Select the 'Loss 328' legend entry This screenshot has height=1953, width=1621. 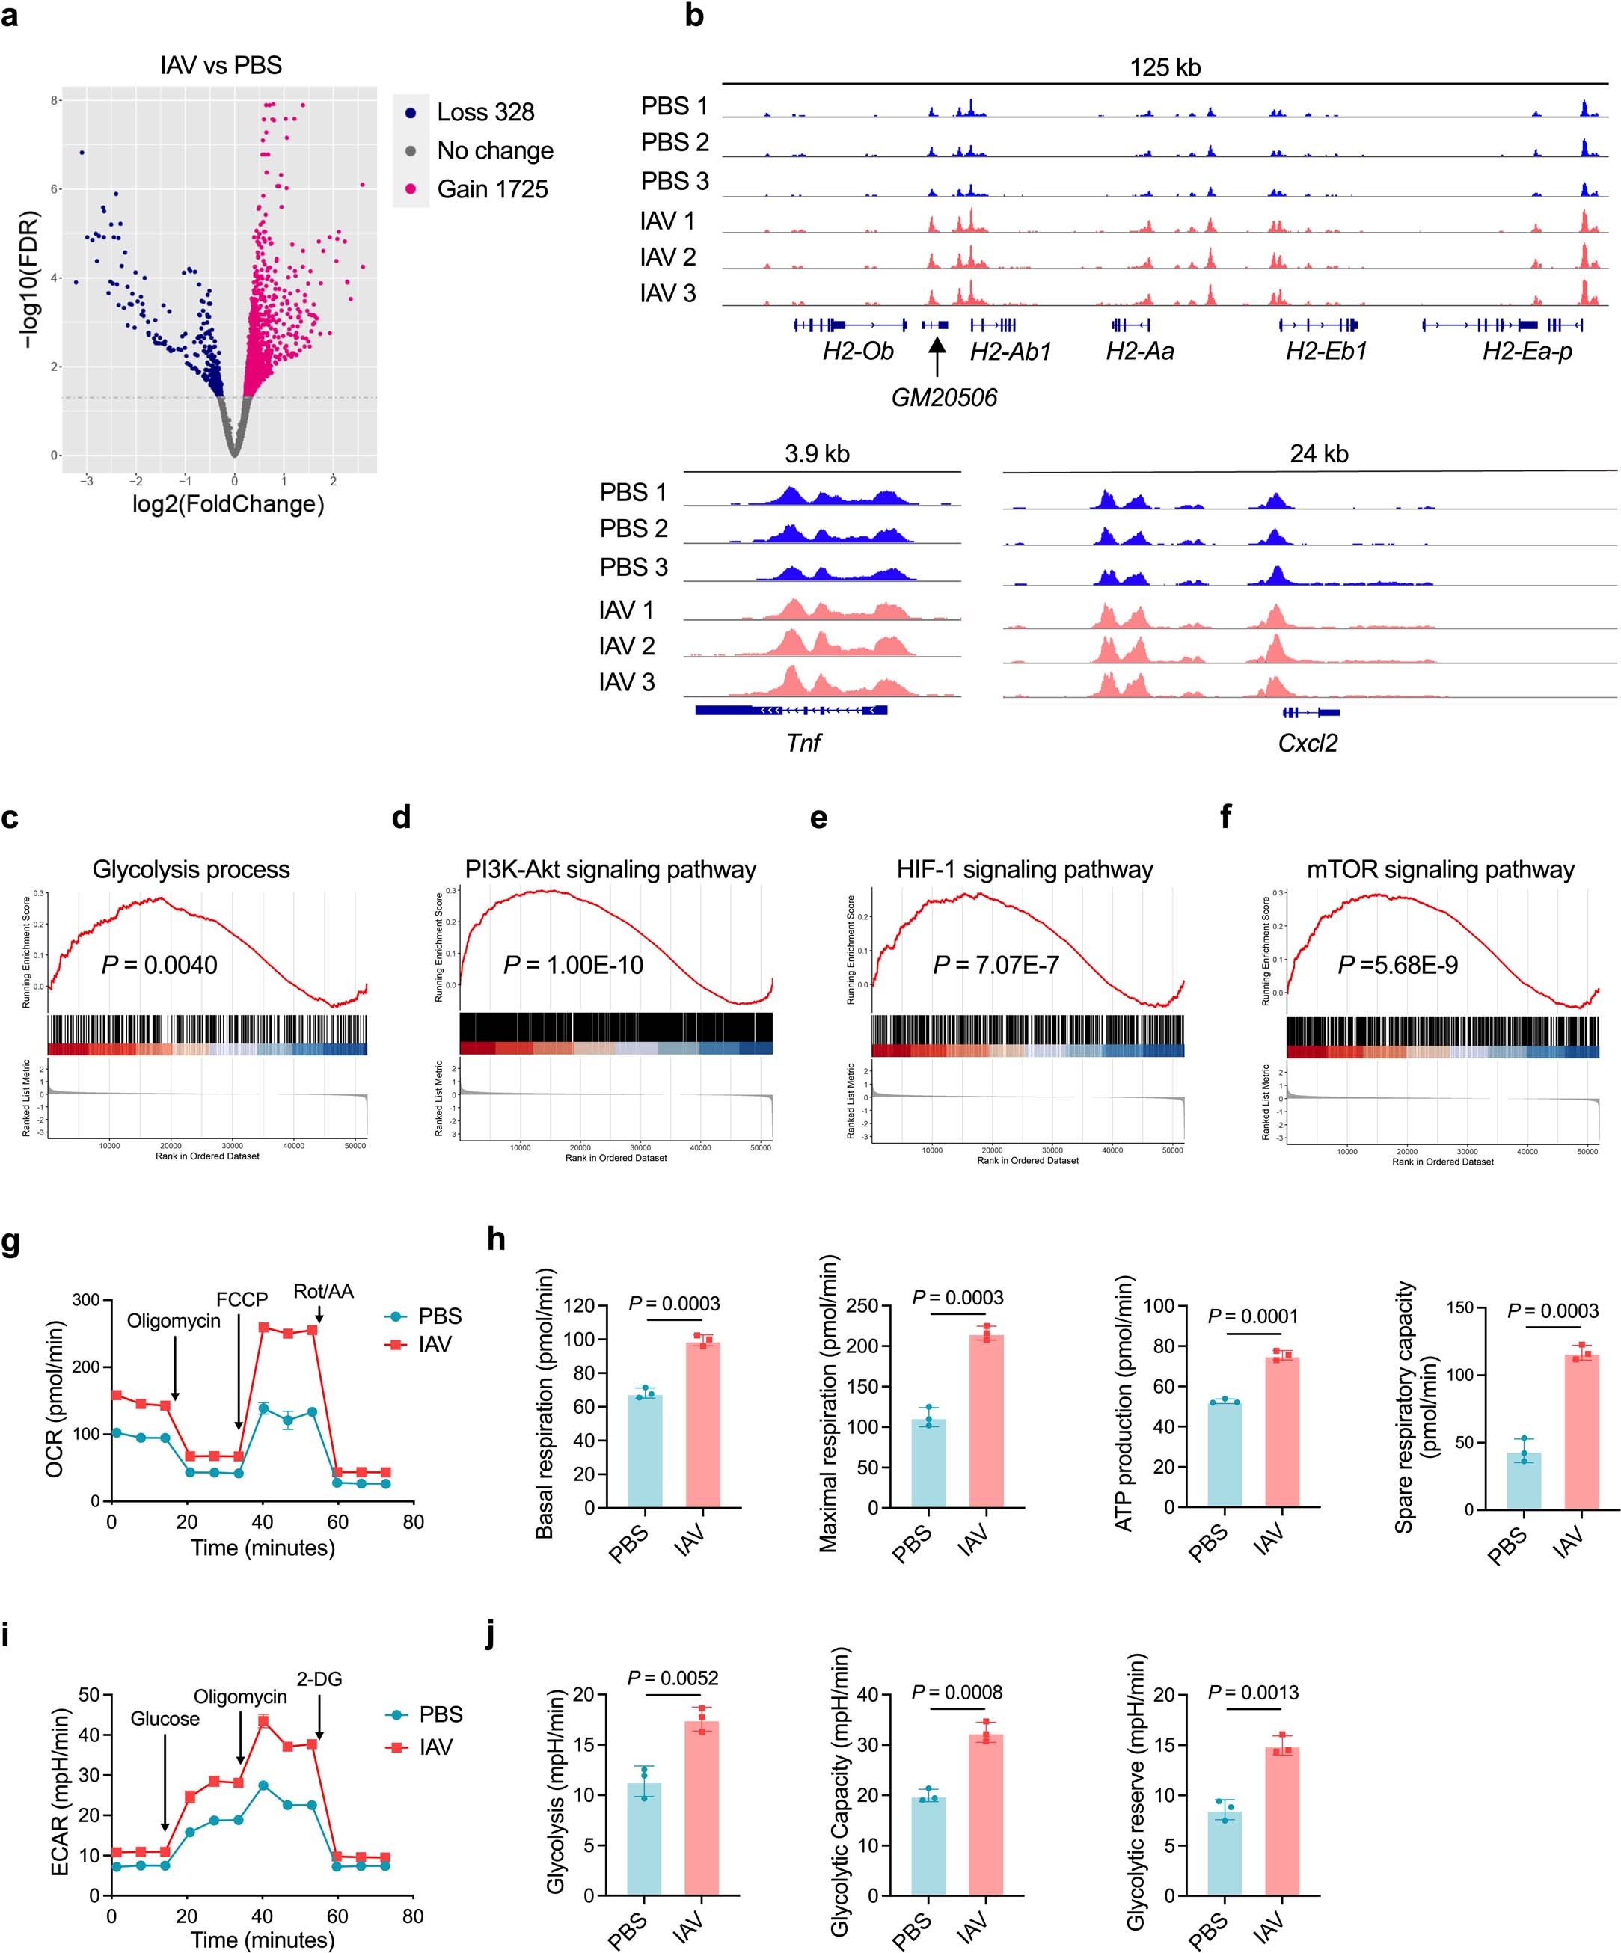click(x=485, y=112)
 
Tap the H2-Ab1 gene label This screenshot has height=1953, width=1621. click(x=1010, y=352)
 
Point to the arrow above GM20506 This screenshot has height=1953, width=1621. click(x=937, y=357)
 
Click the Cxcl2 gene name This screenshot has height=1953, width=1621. click(x=1308, y=742)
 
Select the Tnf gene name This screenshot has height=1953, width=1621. click(x=803, y=742)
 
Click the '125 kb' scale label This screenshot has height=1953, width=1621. click(x=1165, y=68)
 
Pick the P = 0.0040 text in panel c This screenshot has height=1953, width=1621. click(x=159, y=966)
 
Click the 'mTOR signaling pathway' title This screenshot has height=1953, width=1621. click(x=1440, y=870)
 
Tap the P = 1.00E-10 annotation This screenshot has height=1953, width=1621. click(x=573, y=966)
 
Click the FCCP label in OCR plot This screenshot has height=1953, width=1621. click(x=242, y=1299)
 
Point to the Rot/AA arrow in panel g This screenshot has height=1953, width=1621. click(x=319, y=1314)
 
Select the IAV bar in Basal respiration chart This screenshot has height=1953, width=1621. click(x=703, y=1424)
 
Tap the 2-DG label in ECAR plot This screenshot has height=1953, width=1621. click(x=319, y=1678)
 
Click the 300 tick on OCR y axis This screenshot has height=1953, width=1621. click(x=85, y=1299)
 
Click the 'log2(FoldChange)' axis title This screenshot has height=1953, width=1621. click(x=229, y=505)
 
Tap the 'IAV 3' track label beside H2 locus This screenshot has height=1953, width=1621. click(x=668, y=294)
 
